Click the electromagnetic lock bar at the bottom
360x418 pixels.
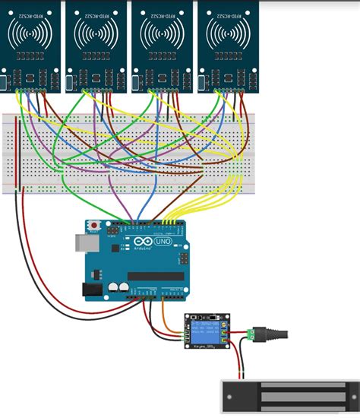[288, 396]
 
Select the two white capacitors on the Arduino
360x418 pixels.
[117, 287]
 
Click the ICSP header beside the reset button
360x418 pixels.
[112, 228]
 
